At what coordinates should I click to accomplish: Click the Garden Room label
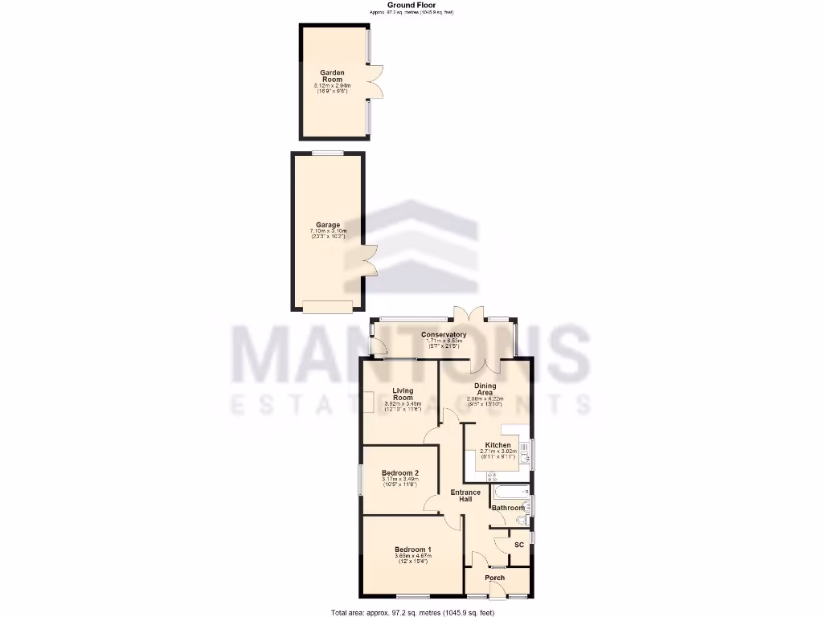[332, 76]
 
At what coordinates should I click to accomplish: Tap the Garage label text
[327, 225]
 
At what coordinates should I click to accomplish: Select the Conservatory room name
[444, 334]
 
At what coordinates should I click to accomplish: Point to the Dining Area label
[485, 389]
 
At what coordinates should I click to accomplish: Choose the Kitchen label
[497, 445]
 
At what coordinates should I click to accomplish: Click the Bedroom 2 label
[399, 473]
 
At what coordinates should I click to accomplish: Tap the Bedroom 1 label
[412, 550]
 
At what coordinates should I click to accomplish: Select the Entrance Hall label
[465, 496]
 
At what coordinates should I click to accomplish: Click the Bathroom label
[508, 508]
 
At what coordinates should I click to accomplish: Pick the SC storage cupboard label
[518, 545]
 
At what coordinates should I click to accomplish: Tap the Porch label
[495, 578]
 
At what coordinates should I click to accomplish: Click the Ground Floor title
[411, 5]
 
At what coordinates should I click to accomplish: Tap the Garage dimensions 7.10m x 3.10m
[327, 232]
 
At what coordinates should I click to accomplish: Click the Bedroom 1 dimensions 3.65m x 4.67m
[412, 556]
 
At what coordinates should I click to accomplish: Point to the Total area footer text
[412, 612]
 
